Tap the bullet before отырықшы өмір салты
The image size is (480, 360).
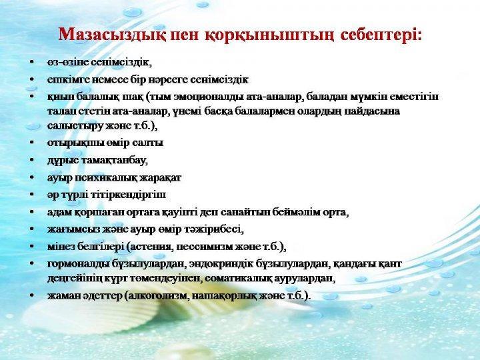pos(31,143)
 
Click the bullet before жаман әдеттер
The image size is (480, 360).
pos(31,296)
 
